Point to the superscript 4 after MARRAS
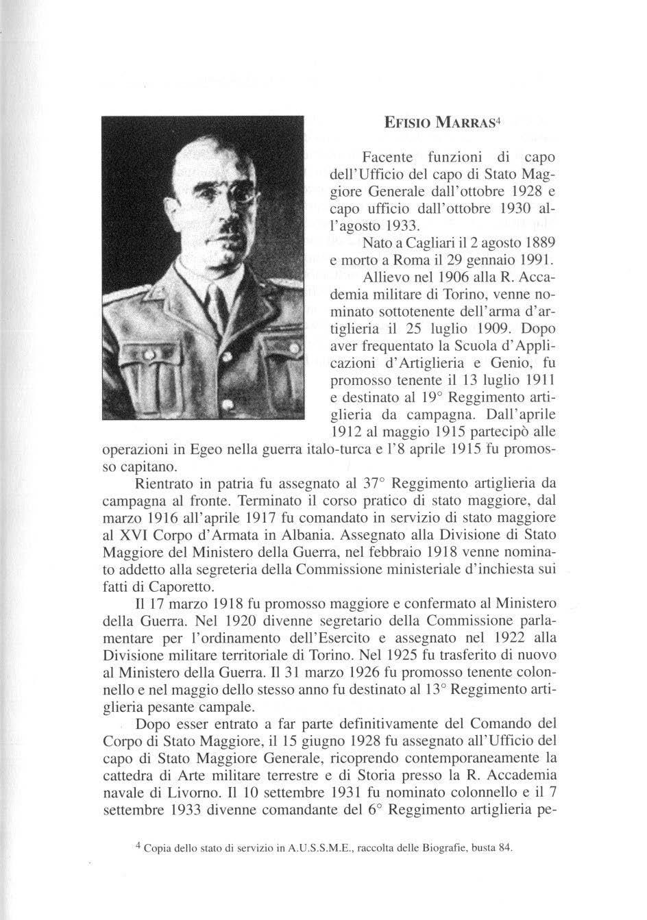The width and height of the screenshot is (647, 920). click(500, 121)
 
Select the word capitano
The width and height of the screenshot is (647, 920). click(148, 468)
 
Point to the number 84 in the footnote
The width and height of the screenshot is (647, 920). click(504, 849)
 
